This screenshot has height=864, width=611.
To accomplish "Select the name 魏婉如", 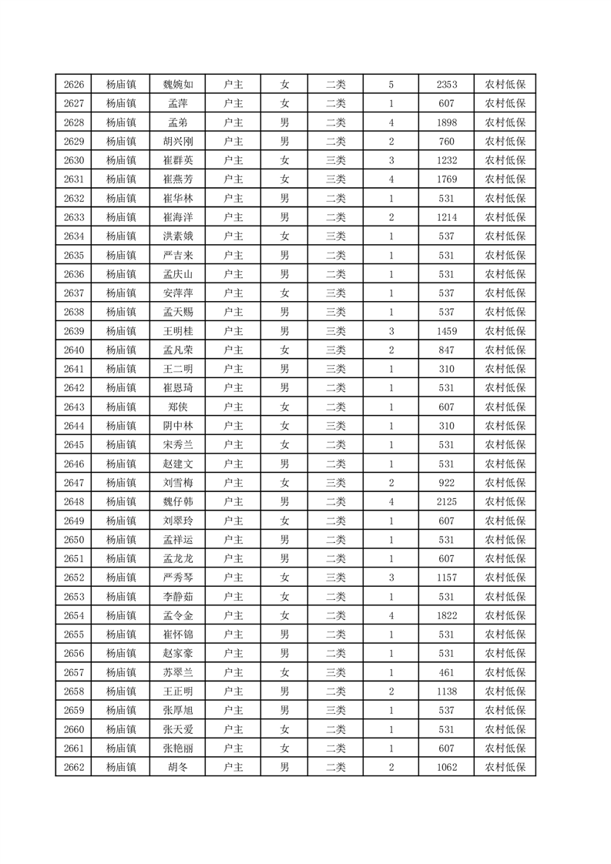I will pyautogui.click(x=183, y=85).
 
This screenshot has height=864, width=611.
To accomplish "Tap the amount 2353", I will pyautogui.click(x=447, y=85).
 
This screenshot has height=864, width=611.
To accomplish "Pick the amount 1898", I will pyautogui.click(x=447, y=122).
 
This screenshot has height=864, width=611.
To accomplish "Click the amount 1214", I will pyautogui.click(x=447, y=217).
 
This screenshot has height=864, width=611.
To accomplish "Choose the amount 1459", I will pyautogui.click(x=447, y=331).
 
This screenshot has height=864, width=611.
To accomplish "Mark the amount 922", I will pyautogui.click(x=447, y=483).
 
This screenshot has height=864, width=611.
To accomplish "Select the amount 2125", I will pyautogui.click(x=447, y=501).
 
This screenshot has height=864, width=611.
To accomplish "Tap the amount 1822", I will pyautogui.click(x=447, y=615).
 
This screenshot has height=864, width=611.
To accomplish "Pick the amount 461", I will pyautogui.click(x=447, y=672).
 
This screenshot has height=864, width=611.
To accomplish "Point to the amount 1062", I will pyautogui.click(x=447, y=767).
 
